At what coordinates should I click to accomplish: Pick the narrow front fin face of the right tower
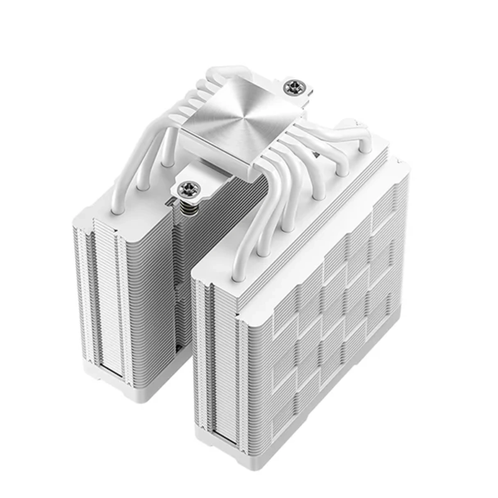tap(216, 353)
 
